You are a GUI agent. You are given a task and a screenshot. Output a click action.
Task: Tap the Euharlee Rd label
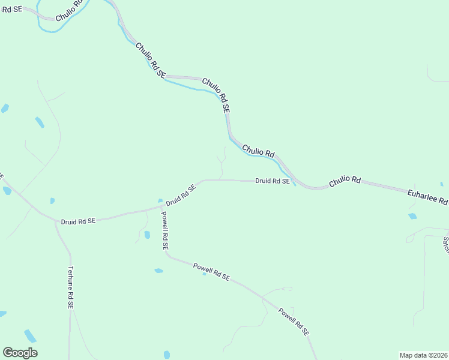[x=427, y=196]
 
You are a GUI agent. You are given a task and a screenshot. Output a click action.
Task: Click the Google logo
[x=20, y=353]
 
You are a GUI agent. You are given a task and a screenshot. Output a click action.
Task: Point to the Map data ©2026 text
[x=423, y=355]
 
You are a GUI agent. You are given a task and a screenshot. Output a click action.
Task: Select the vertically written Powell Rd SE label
[x=164, y=230]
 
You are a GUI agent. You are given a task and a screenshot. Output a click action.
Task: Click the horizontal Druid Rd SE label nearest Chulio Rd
[x=272, y=181]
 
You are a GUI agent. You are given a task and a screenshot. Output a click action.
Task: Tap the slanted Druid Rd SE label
[x=181, y=195]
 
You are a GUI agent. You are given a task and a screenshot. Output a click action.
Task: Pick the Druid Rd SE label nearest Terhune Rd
[x=78, y=221]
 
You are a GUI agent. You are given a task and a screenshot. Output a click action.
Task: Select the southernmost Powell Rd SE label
[x=294, y=322]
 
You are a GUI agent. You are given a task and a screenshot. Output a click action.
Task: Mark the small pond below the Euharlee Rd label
[x=412, y=216]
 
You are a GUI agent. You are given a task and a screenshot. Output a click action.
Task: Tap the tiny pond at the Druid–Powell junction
[x=160, y=200]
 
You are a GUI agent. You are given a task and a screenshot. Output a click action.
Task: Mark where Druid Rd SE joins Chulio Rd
[x=295, y=182]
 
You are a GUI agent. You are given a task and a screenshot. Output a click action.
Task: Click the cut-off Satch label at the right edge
[x=446, y=244]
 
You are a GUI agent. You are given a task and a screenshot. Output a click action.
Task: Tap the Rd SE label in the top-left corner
[x=12, y=10]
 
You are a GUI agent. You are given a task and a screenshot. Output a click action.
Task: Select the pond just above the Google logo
[x=30, y=336]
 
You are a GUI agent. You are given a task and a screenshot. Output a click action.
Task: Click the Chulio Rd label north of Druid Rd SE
[x=258, y=150]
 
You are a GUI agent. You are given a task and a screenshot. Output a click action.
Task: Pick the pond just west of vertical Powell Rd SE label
[x=147, y=235]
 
